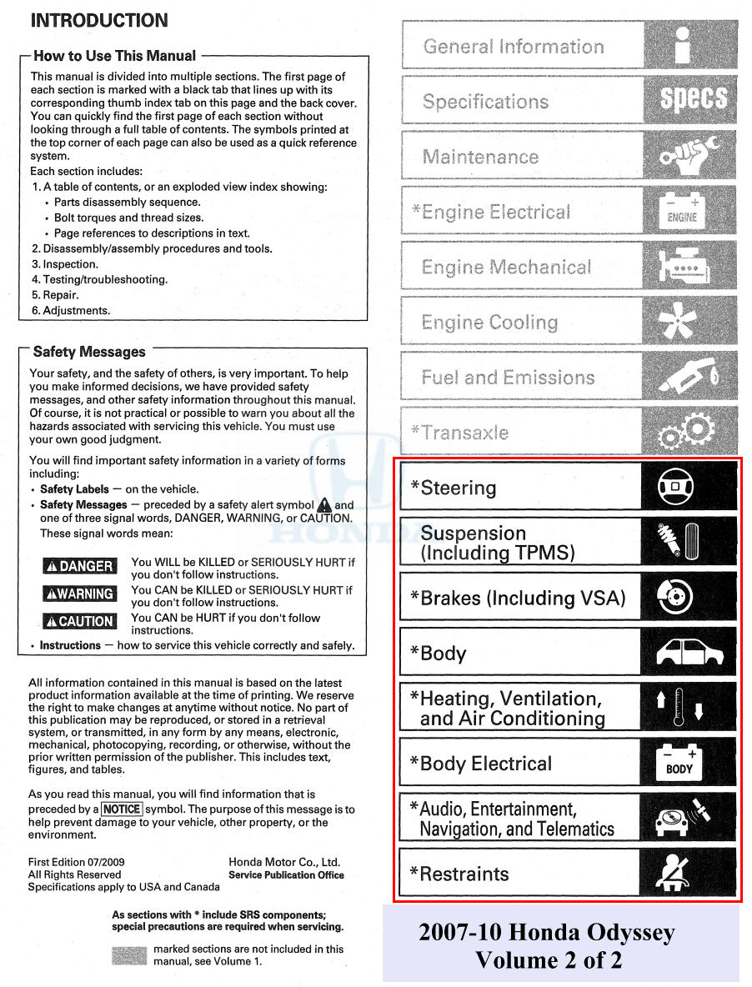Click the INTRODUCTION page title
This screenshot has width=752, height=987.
point(99,20)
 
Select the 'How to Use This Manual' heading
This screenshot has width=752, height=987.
point(114,57)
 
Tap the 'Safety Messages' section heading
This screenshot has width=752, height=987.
point(89,352)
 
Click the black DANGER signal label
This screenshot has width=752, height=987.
point(79,566)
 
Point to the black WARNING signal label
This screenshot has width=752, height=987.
point(79,594)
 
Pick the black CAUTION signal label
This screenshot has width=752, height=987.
point(79,621)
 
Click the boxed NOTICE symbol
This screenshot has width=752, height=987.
point(123,809)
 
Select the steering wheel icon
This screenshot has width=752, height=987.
point(678,488)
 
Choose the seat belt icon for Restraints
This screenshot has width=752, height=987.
point(679,874)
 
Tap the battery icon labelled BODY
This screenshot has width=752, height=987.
point(679,762)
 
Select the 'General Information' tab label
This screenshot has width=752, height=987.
point(514,47)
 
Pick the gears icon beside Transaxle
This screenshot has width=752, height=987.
point(687,432)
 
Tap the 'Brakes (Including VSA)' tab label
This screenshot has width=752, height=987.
point(518,599)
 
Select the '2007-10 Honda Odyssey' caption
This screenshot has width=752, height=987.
point(546,933)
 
